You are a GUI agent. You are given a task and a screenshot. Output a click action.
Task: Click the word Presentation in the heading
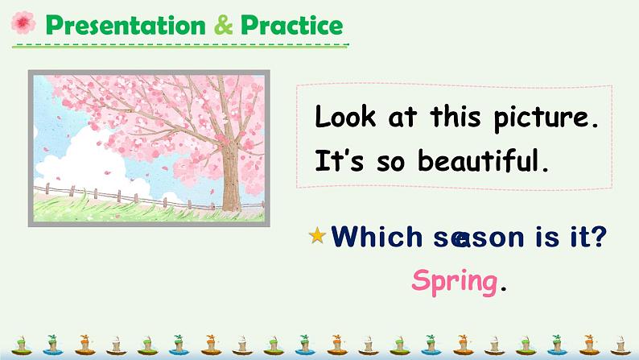point(126,25)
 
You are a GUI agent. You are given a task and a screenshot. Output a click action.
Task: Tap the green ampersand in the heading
point(223,25)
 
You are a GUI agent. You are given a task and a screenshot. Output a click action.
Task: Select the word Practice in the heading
point(292,25)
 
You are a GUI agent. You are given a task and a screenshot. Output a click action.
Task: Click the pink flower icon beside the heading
point(23,23)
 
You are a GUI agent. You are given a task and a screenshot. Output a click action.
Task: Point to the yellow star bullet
point(317,235)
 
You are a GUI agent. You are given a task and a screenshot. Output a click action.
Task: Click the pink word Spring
point(455,282)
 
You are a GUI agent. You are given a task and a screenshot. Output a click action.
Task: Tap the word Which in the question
point(377,237)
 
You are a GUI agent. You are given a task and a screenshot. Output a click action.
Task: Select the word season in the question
point(478,238)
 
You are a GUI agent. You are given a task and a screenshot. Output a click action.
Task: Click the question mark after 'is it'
point(598,237)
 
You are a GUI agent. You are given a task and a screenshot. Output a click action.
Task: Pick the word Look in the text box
point(344,116)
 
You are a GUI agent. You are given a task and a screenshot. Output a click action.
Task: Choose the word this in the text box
point(456,116)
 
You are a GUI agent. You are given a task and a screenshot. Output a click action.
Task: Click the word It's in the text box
point(339,159)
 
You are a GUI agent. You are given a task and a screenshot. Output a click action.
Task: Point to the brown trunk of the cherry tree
point(231,176)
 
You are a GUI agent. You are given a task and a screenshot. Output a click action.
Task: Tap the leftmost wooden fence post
point(47,188)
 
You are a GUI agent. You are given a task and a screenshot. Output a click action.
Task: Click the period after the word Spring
point(504,289)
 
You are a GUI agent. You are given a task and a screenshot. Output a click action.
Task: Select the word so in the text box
point(391,163)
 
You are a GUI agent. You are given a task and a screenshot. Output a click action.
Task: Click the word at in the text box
point(402,118)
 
